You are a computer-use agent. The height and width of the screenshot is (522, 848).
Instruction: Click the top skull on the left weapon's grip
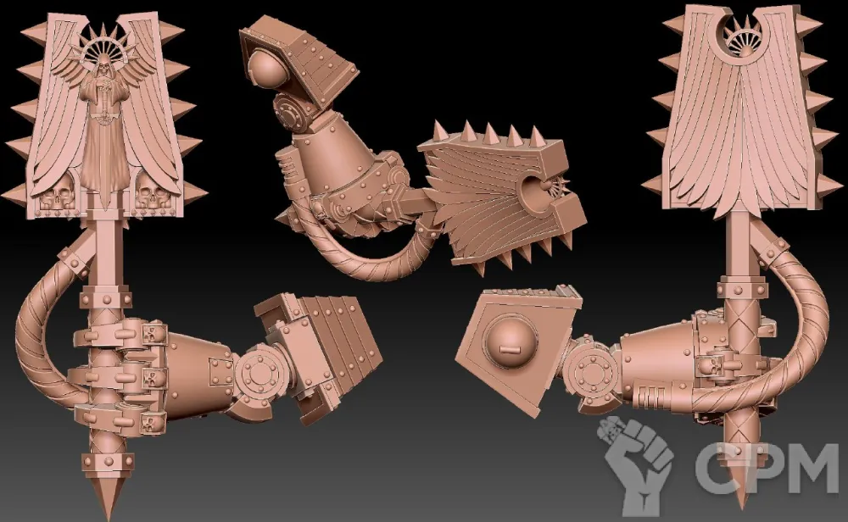[153, 333]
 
